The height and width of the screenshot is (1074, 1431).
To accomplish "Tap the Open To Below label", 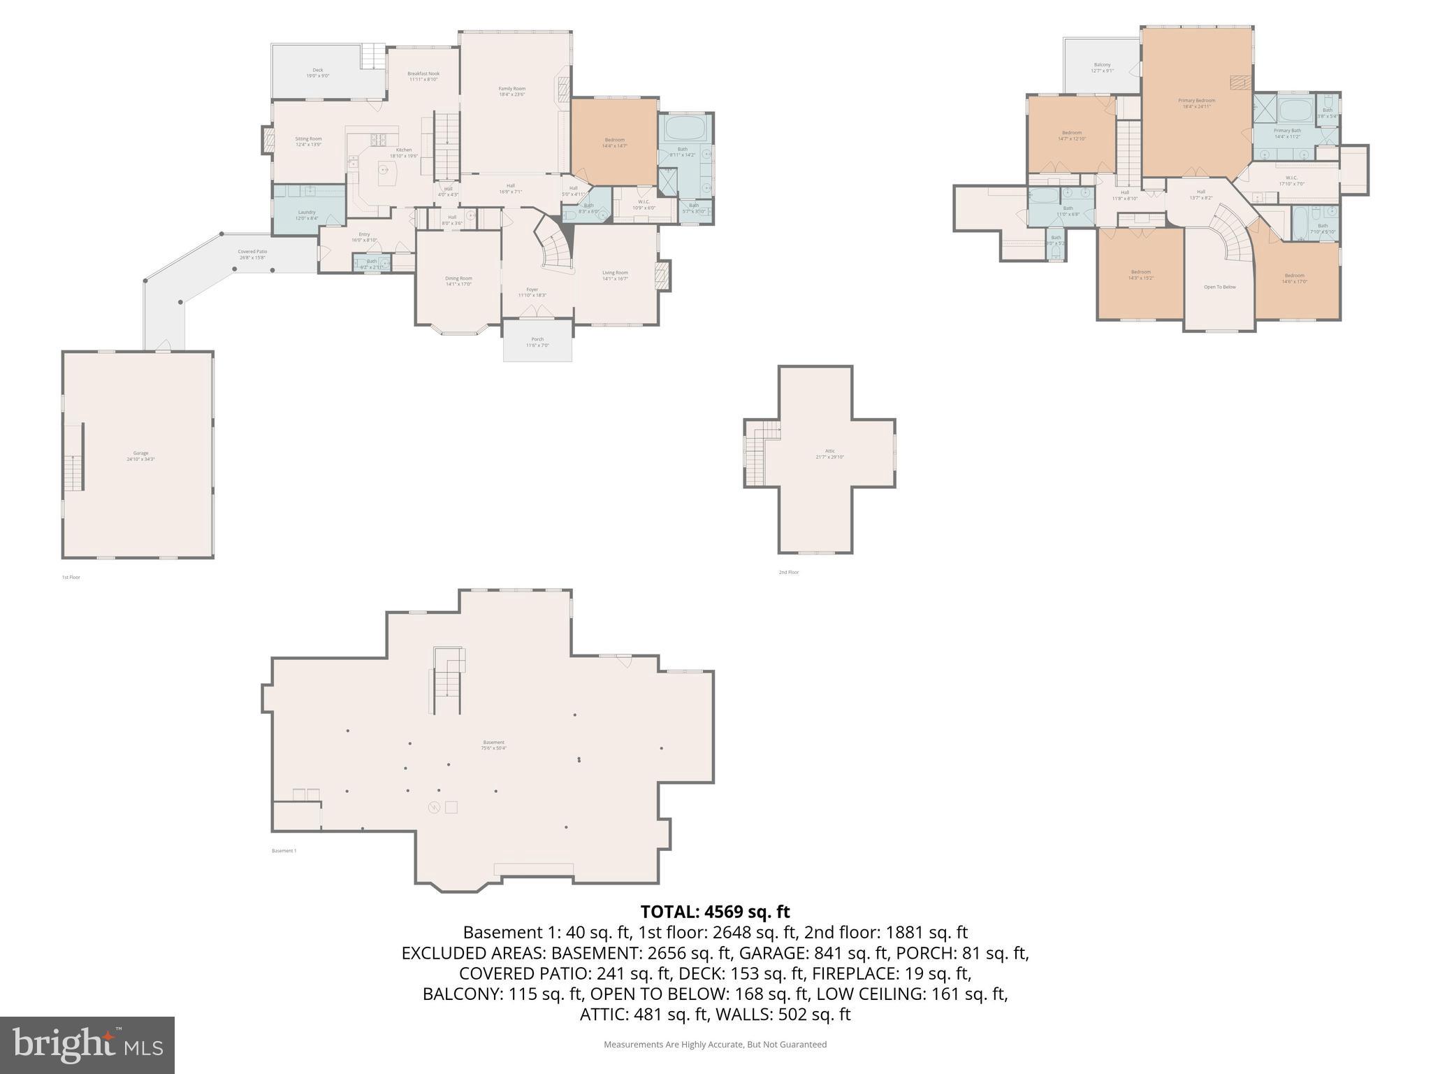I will tap(1219, 287).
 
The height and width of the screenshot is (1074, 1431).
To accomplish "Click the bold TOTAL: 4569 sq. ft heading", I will tap(715, 912).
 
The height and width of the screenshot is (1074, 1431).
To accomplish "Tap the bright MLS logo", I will tap(87, 1045).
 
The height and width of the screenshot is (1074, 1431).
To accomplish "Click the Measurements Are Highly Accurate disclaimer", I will tap(715, 1045).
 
